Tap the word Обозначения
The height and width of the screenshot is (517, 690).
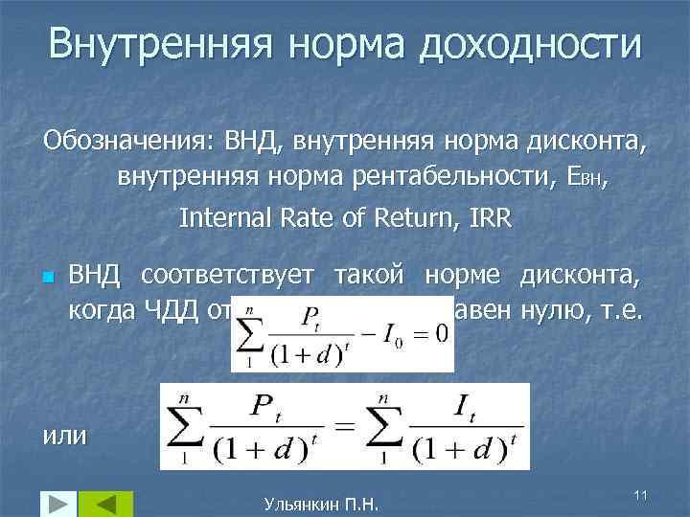coord(115,146)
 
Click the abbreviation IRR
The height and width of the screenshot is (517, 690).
coord(491,218)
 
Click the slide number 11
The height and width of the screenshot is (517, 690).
coord(641,492)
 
